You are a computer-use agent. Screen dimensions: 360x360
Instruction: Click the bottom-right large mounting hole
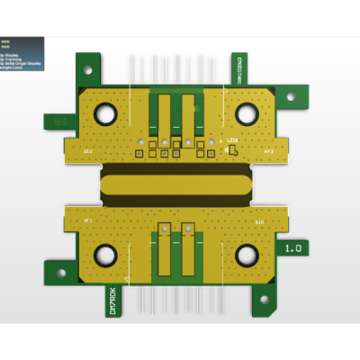point(247,256)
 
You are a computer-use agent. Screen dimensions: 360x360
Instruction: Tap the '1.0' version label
point(293,247)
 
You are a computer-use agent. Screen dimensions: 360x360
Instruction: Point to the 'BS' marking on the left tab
point(59,121)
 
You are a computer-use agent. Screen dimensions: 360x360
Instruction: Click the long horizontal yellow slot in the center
point(175,184)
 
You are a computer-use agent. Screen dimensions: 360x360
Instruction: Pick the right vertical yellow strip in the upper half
point(188,115)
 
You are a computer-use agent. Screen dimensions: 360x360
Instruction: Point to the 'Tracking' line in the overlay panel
point(13,58)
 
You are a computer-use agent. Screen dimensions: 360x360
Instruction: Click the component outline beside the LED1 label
point(231,150)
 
